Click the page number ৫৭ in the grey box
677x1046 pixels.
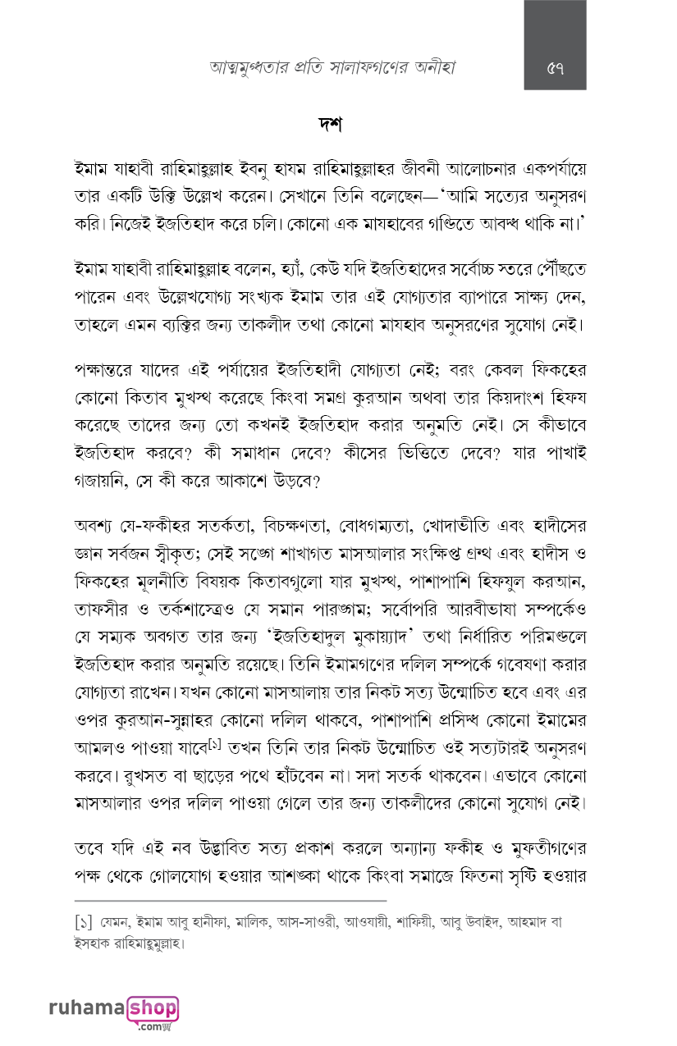click(555, 68)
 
